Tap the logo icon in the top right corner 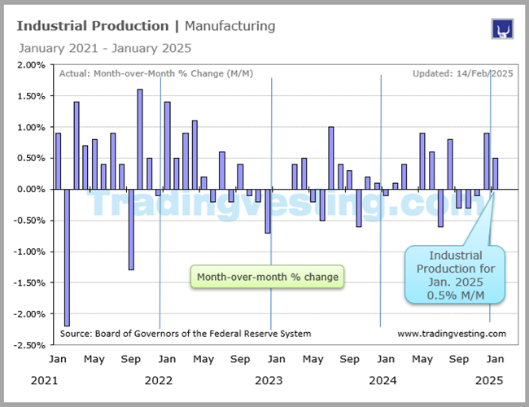[501, 29]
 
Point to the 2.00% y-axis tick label [31, 65]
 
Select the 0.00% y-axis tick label [31, 190]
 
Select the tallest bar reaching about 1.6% [140, 139]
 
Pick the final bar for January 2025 [495, 173]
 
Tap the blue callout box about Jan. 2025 [456, 275]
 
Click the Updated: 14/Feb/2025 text [461, 73]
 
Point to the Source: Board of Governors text [186, 334]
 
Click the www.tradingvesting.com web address [452, 334]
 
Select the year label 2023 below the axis [269, 380]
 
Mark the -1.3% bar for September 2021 [130, 229]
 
